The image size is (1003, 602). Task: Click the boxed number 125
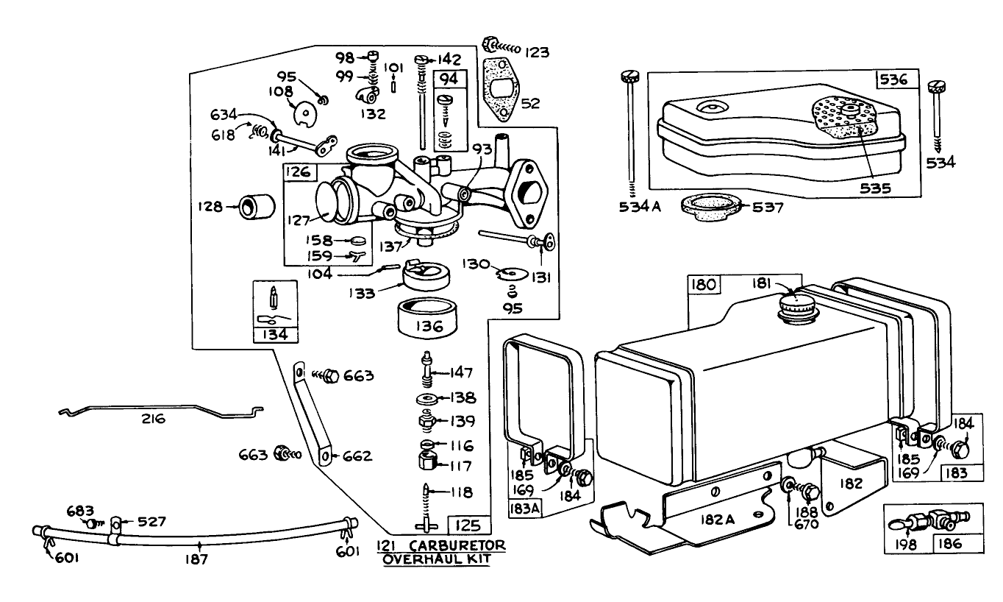(468, 525)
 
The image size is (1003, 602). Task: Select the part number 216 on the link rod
(154, 419)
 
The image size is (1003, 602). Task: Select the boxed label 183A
(523, 507)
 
